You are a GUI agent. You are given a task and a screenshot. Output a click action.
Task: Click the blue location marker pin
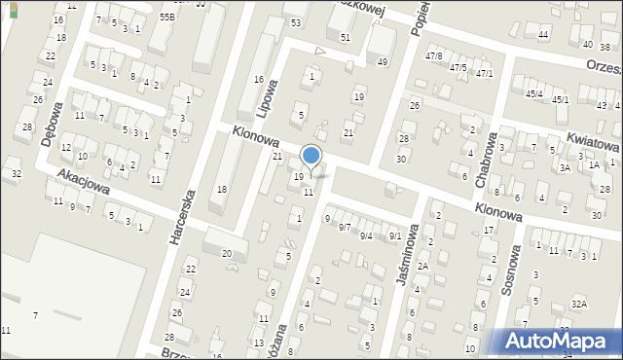(311, 157)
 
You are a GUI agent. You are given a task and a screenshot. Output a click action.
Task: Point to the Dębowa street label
(51, 123)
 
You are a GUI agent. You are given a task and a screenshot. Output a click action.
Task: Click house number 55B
(167, 18)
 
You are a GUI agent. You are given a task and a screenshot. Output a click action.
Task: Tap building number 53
(296, 21)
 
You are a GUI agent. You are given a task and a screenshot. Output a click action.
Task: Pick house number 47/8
(434, 56)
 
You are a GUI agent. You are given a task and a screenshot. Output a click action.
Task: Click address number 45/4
(533, 93)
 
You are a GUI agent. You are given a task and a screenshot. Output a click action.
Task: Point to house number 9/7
(345, 227)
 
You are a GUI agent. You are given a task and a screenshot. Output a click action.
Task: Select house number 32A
(579, 304)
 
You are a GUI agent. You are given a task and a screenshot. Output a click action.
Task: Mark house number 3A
(565, 167)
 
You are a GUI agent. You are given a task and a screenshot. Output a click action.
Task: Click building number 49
(383, 61)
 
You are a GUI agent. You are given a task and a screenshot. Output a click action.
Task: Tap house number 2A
(422, 266)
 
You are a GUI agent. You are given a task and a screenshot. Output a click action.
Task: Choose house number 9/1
(394, 235)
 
